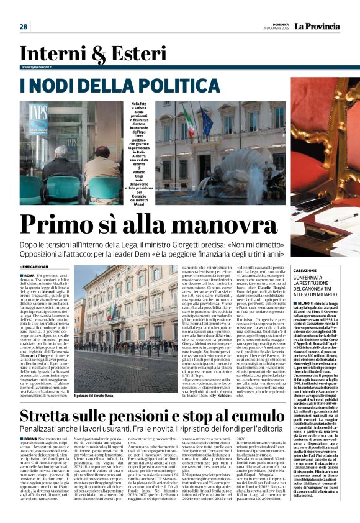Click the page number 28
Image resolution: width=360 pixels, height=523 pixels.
(24, 27)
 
